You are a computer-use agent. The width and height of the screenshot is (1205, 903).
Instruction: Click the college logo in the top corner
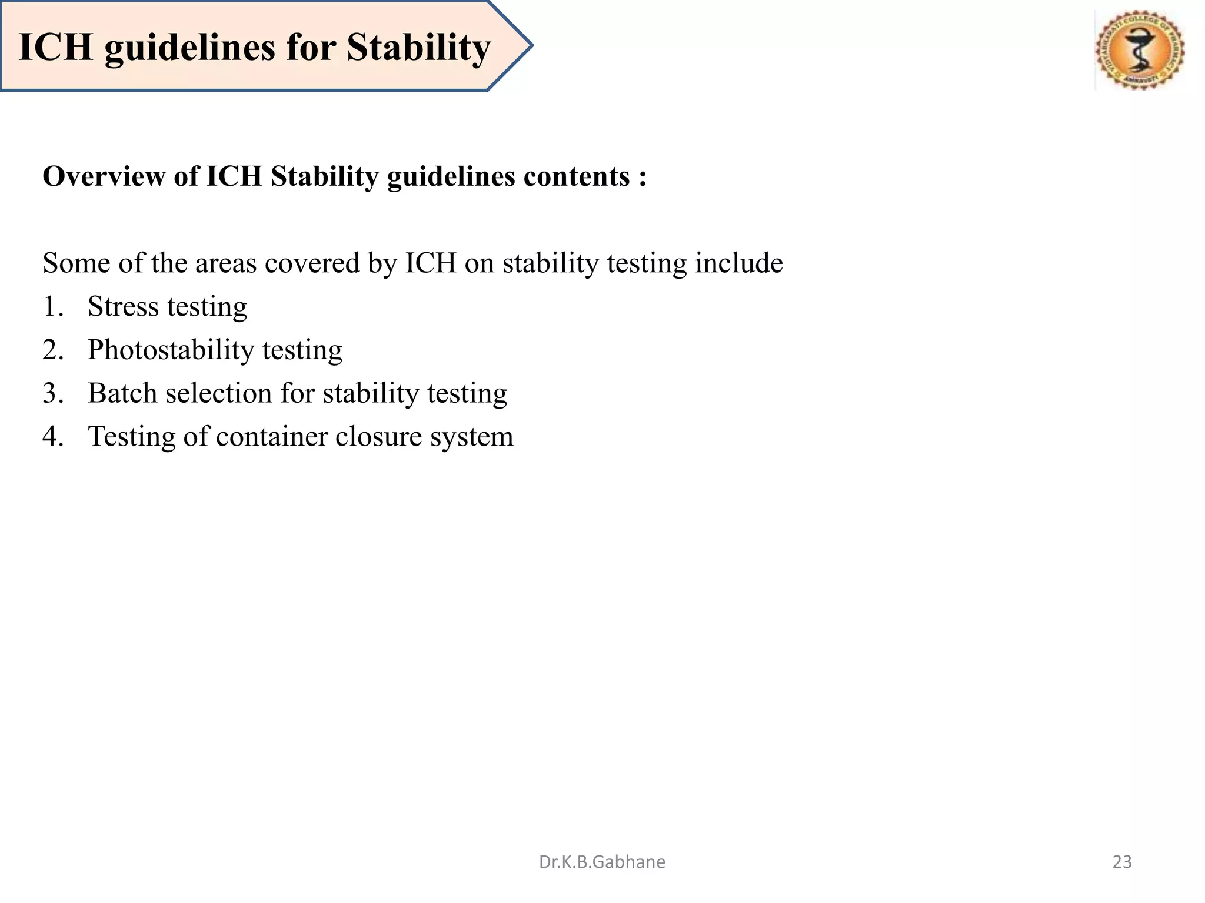pyautogui.click(x=1140, y=50)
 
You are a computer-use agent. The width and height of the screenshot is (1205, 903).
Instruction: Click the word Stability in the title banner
pyautogui.click(x=418, y=47)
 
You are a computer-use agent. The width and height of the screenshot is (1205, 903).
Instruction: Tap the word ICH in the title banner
pyautogui.click(x=56, y=47)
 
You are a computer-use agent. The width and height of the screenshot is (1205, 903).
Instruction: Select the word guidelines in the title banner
pyautogui.click(x=189, y=47)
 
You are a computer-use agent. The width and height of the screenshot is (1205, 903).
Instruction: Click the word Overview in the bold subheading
pyautogui.click(x=104, y=176)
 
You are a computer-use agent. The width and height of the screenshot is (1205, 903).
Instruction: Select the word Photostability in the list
pyautogui.click(x=171, y=350)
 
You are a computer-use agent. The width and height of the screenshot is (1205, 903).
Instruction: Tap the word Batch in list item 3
pyautogui.click(x=122, y=393)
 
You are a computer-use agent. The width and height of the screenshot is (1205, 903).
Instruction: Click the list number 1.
pyautogui.click(x=52, y=306)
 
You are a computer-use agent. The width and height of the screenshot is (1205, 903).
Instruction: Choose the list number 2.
pyautogui.click(x=52, y=350)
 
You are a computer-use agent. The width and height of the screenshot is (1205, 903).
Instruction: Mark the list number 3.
pyautogui.click(x=52, y=393)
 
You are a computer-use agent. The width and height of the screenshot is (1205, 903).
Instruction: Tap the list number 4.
pyautogui.click(x=52, y=436)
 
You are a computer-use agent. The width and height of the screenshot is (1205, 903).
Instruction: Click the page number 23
pyautogui.click(x=1122, y=862)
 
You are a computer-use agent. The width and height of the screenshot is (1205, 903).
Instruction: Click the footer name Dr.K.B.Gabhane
pyautogui.click(x=602, y=862)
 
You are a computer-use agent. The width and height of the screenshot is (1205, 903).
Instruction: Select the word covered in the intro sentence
pyautogui.click(x=312, y=263)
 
